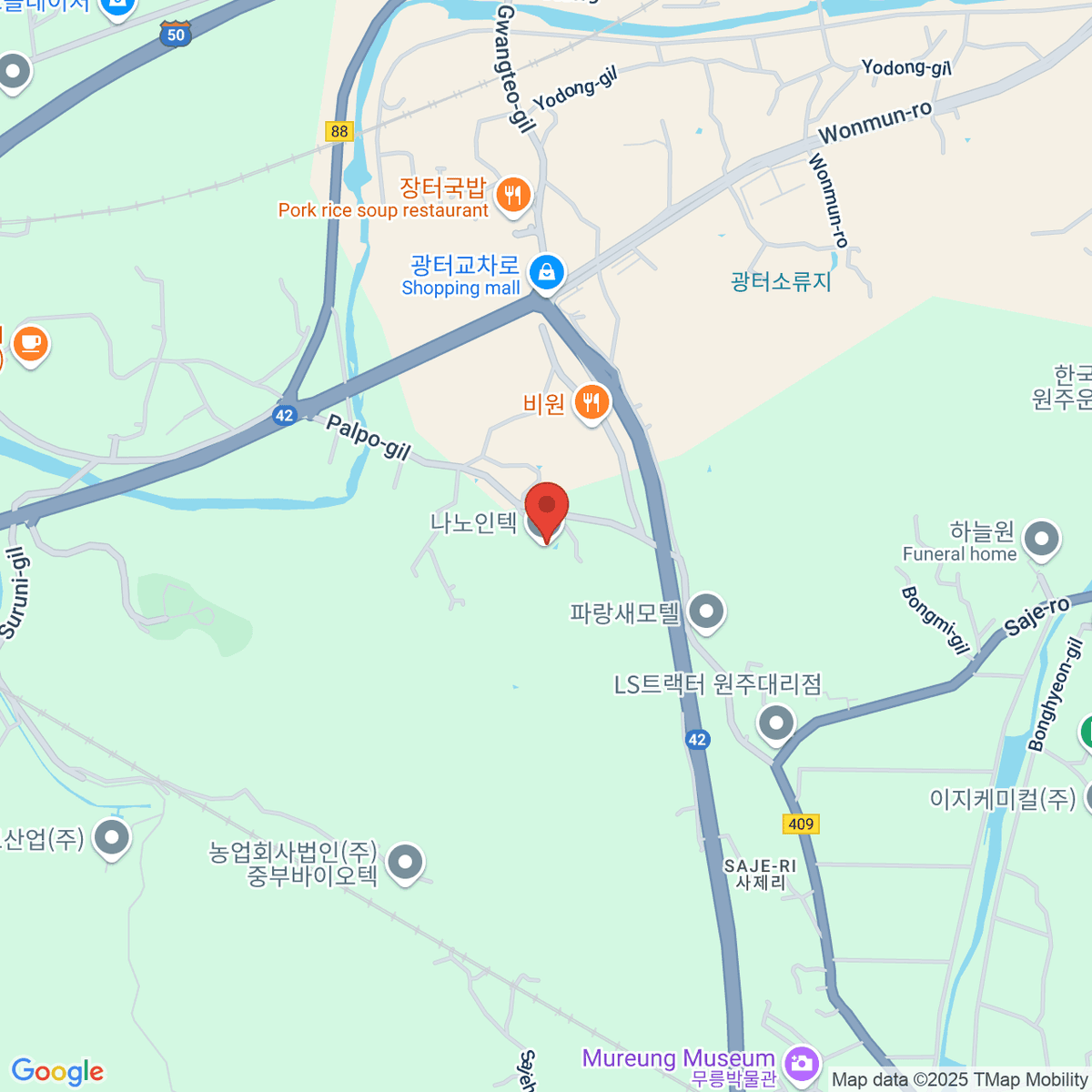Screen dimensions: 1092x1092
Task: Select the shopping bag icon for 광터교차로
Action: [546, 272]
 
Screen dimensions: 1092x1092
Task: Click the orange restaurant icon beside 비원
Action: [591, 401]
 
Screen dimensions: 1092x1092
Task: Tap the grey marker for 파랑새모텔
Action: [706, 612]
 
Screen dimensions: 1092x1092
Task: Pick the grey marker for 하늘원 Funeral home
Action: [1041, 539]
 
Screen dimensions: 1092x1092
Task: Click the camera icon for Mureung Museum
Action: [801, 1063]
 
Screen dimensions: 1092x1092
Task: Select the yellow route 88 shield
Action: [339, 131]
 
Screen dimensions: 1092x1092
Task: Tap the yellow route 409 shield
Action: [801, 824]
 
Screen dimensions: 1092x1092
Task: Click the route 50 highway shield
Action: [176, 34]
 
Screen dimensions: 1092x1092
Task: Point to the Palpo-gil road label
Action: [369, 437]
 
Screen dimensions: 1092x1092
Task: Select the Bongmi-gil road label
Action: [935, 621]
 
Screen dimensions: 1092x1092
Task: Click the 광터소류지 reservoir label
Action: [781, 281]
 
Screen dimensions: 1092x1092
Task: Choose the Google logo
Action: [57, 1071]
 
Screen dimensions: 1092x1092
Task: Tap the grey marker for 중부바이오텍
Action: [405, 862]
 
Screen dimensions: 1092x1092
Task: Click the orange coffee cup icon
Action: [30, 343]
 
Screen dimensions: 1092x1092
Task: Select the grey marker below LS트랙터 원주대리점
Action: [776, 724]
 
